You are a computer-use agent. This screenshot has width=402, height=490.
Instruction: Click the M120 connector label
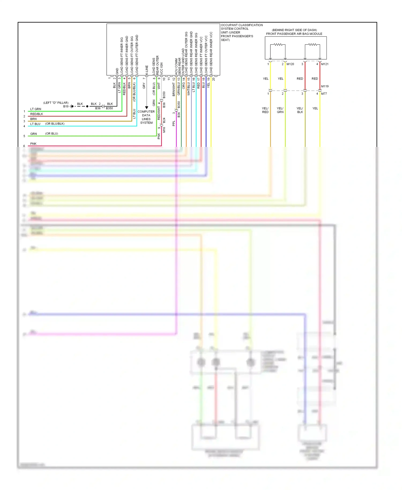coord(290,64)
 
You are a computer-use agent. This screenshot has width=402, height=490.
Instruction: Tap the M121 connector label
coord(325,64)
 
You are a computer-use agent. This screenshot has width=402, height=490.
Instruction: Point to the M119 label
coord(325,86)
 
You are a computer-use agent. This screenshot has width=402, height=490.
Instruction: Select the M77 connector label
coord(324,94)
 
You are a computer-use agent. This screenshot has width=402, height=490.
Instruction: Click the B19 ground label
coord(66,106)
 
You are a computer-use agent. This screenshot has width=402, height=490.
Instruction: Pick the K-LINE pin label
coord(147,70)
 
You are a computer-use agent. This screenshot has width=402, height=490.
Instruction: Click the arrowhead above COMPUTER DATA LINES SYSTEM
coord(147,107)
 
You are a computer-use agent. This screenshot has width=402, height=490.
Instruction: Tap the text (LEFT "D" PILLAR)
coord(56,103)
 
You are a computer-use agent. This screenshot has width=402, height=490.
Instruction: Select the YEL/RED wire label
coord(265,110)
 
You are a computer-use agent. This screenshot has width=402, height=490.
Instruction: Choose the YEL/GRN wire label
coord(280,110)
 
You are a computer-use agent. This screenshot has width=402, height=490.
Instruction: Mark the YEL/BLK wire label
coord(300,110)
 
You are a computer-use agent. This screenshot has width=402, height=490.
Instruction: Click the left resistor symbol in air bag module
coord(278,44)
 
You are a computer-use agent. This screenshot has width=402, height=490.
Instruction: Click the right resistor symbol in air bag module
coord(312,44)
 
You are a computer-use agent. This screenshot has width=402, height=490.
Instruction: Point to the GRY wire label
coord(144,86)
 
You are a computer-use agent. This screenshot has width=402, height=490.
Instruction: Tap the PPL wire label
coord(174,123)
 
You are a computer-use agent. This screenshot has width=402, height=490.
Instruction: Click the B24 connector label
coord(164,120)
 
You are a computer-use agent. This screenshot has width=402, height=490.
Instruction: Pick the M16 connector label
coord(164,130)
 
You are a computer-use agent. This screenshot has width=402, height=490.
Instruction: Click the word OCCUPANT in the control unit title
coord(229,25)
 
